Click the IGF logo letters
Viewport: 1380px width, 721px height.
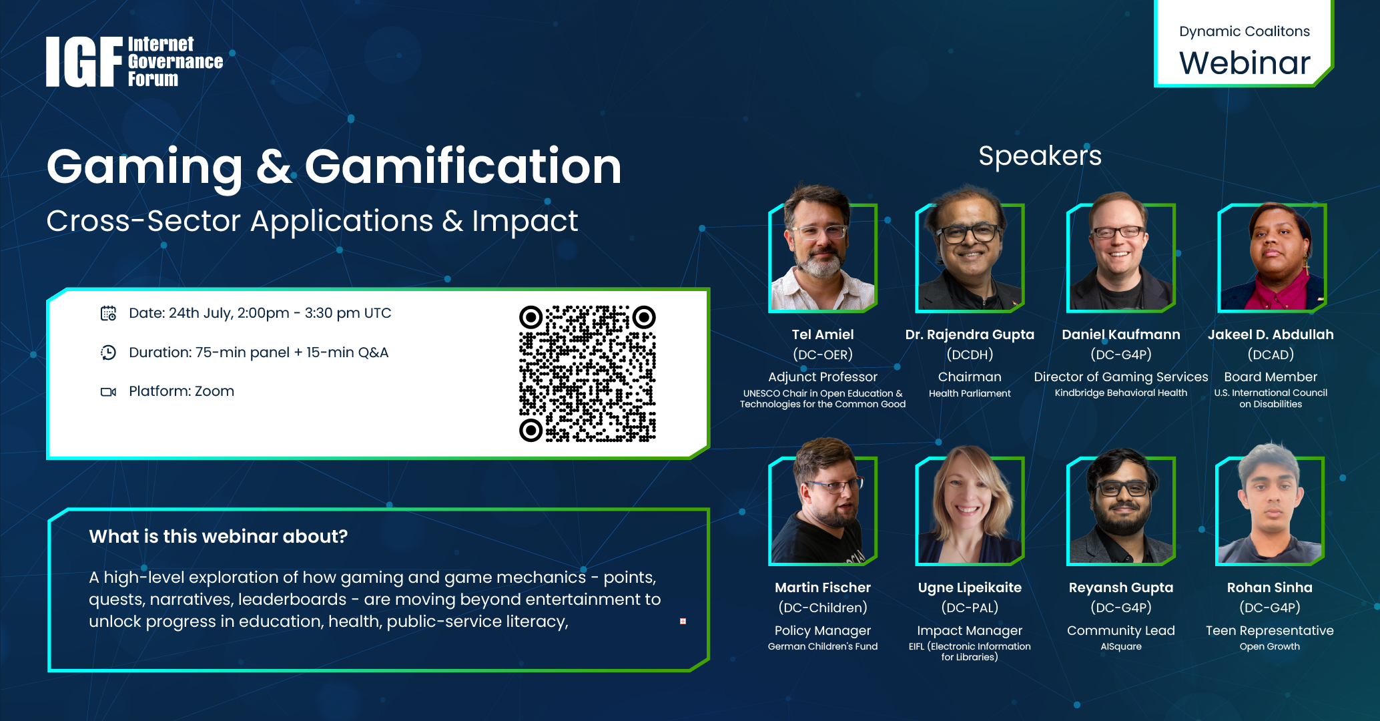coord(84,62)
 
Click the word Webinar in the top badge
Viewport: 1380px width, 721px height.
coord(1245,63)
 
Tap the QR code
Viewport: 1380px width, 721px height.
coord(587,374)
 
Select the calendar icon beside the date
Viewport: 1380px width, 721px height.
coord(108,313)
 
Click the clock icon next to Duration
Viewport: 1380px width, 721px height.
coord(108,352)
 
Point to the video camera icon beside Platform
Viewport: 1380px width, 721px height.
coord(108,392)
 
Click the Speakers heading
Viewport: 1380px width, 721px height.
coord(1040,156)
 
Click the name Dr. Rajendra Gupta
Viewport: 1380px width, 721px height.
coord(970,334)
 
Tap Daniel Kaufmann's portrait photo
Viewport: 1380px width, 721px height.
coord(1121,252)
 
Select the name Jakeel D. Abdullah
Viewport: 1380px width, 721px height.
coord(1271,334)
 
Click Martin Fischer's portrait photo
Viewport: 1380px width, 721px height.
coord(823,502)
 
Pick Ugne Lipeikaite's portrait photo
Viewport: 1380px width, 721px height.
coord(970,505)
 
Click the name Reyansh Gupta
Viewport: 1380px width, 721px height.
coord(1121,587)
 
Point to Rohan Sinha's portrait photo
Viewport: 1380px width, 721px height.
coord(1270,504)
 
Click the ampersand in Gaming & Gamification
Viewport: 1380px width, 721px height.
coord(274,167)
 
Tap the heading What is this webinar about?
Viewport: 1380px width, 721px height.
coord(218,537)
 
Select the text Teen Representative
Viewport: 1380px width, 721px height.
coord(1270,630)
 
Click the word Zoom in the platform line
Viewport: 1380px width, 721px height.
coord(214,391)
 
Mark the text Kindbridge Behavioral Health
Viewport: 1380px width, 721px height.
coord(1121,393)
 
